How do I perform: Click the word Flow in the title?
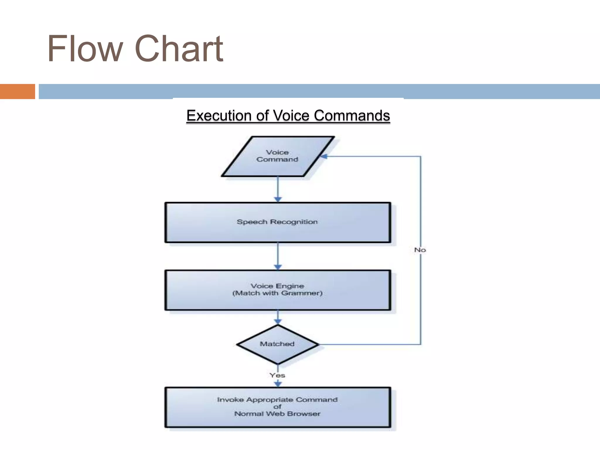click(x=85, y=49)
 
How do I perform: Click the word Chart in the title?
click(x=179, y=49)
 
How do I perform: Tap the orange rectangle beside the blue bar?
click(x=17, y=91)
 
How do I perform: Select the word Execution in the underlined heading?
click(x=219, y=115)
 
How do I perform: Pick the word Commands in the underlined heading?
click(x=352, y=115)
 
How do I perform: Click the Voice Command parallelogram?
click(x=277, y=156)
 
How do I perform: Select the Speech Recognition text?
click(x=277, y=222)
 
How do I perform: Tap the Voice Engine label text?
click(x=277, y=286)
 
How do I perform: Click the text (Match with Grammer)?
click(x=277, y=293)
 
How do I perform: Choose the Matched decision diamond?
click(x=277, y=344)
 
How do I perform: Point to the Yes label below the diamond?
click(x=277, y=375)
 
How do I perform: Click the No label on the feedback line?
click(x=420, y=250)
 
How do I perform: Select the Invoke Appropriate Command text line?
click(x=277, y=400)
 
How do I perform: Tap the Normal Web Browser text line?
click(x=277, y=414)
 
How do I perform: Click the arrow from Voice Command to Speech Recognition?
click(x=278, y=189)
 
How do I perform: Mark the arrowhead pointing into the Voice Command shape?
click(x=324, y=156)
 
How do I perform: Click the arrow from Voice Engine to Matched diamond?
click(x=278, y=318)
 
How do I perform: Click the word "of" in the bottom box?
click(x=277, y=407)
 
